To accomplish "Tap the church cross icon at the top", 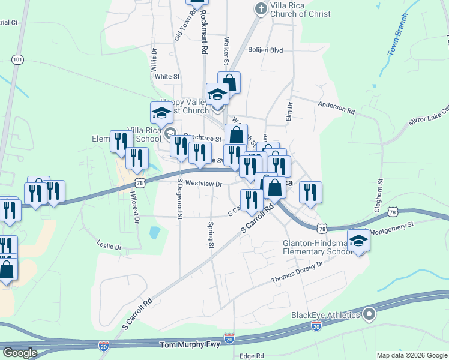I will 260,8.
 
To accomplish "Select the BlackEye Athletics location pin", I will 369,314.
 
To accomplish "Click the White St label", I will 167,77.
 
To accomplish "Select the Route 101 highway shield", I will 18,59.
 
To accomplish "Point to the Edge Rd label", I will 252,356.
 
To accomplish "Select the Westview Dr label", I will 204,184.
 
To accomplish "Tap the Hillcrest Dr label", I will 134,206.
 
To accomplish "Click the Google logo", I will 20,353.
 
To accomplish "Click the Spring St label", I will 211,235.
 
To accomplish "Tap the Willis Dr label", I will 154,59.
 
